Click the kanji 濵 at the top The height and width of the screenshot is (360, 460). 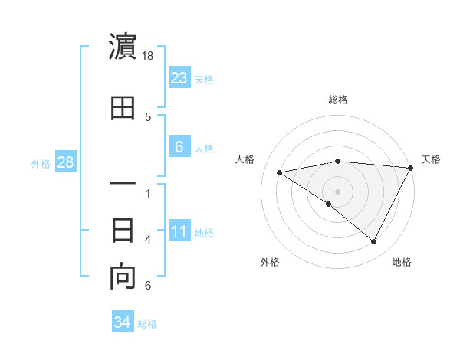123,47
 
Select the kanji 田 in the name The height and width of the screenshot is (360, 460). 123,109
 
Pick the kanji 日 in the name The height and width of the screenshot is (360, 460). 123,230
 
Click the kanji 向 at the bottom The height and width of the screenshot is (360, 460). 123,277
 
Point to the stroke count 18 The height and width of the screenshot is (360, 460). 149,56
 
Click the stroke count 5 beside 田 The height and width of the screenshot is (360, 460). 148,117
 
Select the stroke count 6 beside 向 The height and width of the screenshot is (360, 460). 148,286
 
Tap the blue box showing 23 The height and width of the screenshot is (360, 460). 179,77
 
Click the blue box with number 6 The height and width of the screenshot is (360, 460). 179,148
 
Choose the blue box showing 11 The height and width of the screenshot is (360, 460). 179,232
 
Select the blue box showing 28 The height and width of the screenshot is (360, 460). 64,162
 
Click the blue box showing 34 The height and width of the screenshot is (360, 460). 122,322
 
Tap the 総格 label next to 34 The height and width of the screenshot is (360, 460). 147,324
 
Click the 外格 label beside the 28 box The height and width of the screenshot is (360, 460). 41,164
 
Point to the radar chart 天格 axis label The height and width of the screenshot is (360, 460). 431,159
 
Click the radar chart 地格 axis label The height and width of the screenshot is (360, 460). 402,262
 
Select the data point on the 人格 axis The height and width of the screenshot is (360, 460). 280,172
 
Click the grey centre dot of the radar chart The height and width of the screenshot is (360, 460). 337,191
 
